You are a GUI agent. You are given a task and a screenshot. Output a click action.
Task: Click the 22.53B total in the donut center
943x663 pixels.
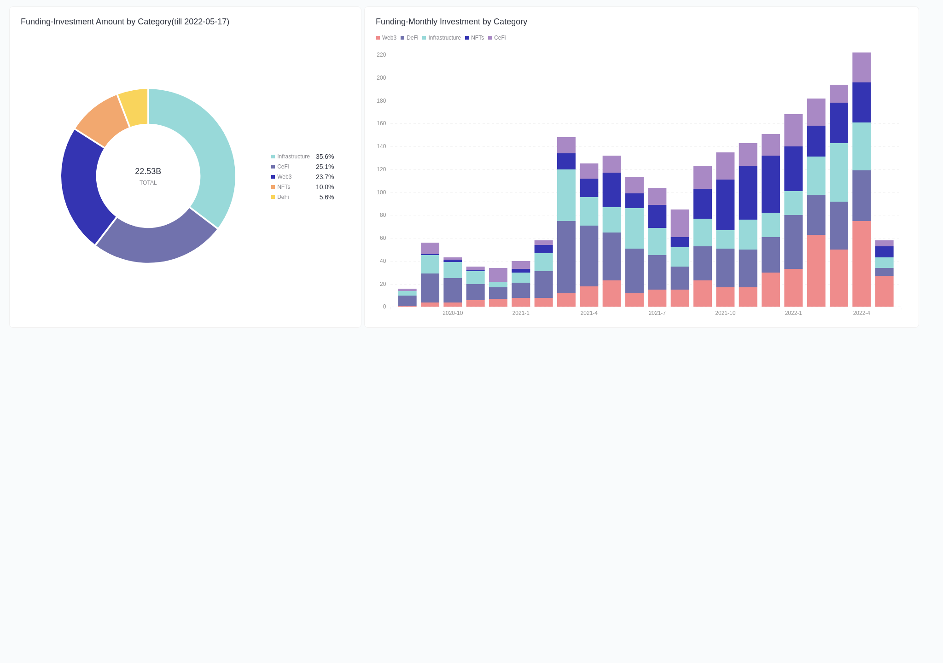(148, 171)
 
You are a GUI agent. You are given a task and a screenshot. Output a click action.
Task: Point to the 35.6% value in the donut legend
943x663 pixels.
(325, 157)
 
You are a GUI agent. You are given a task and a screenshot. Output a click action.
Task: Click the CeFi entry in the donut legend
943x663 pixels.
(283, 167)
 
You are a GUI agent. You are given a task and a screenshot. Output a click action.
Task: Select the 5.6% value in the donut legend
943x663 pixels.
(326, 197)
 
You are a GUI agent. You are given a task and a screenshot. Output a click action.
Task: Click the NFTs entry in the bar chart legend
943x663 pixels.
(477, 38)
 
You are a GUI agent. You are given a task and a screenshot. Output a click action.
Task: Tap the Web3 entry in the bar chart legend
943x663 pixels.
(389, 38)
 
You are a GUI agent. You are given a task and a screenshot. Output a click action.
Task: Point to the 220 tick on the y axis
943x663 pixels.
(381, 55)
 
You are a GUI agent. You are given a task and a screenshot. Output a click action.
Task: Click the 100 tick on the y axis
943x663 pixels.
(381, 192)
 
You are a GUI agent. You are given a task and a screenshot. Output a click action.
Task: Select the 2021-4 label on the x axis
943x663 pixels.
(589, 313)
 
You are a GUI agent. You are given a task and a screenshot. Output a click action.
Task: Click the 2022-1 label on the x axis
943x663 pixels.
(793, 313)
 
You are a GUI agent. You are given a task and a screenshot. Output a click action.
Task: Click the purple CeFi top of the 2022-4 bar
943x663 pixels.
(862, 67)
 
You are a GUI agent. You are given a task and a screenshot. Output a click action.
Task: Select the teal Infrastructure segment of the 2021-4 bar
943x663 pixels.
(589, 211)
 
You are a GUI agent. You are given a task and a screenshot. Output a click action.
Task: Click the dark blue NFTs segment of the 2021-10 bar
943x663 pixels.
(725, 205)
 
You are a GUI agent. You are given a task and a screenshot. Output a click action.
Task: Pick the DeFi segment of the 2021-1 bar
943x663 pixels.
(521, 290)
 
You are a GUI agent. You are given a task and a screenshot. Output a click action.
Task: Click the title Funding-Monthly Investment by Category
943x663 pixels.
(451, 22)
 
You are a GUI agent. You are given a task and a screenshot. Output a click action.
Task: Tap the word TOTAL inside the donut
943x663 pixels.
(148, 183)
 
